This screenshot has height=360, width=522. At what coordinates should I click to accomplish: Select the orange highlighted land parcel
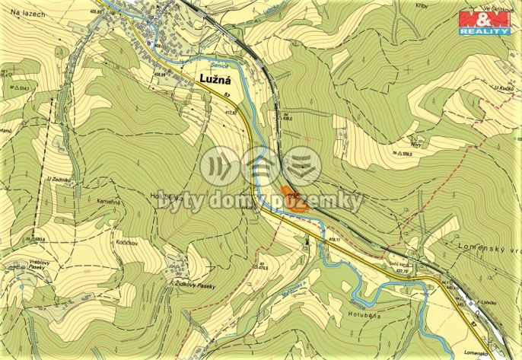pyautogui.click(x=292, y=196)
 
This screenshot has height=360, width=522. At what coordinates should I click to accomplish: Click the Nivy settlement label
pyautogui.click(x=416, y=142)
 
